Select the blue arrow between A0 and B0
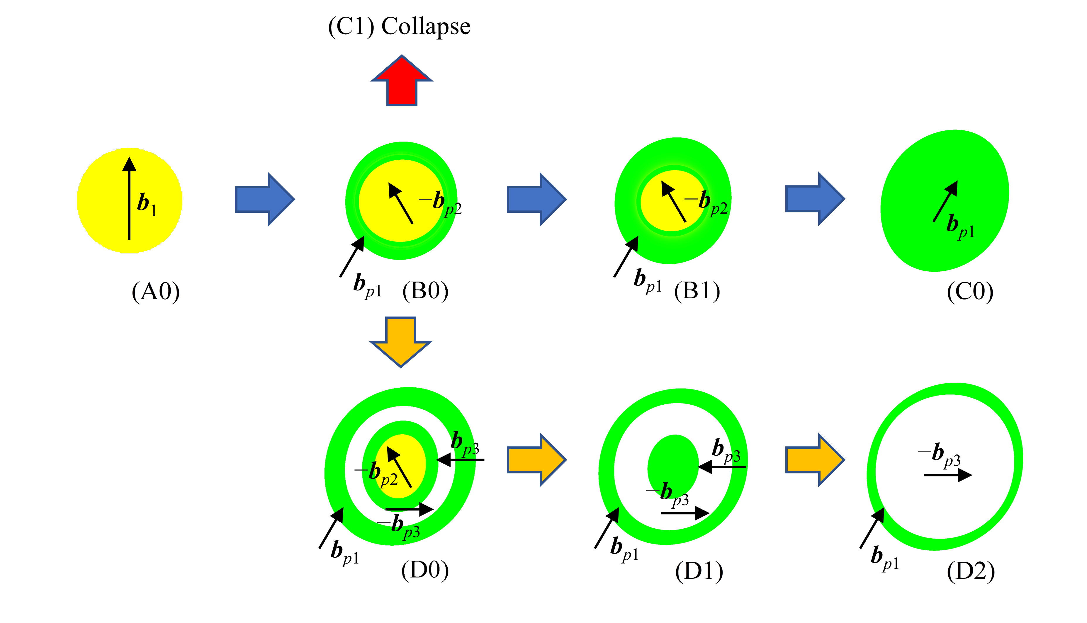[265, 199]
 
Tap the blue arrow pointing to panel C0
[815, 199]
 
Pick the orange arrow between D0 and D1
[537, 460]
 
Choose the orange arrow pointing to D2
[815, 460]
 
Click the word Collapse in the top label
[426, 27]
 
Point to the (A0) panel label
[156, 292]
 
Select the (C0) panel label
[970, 292]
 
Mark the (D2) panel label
[971, 571]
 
